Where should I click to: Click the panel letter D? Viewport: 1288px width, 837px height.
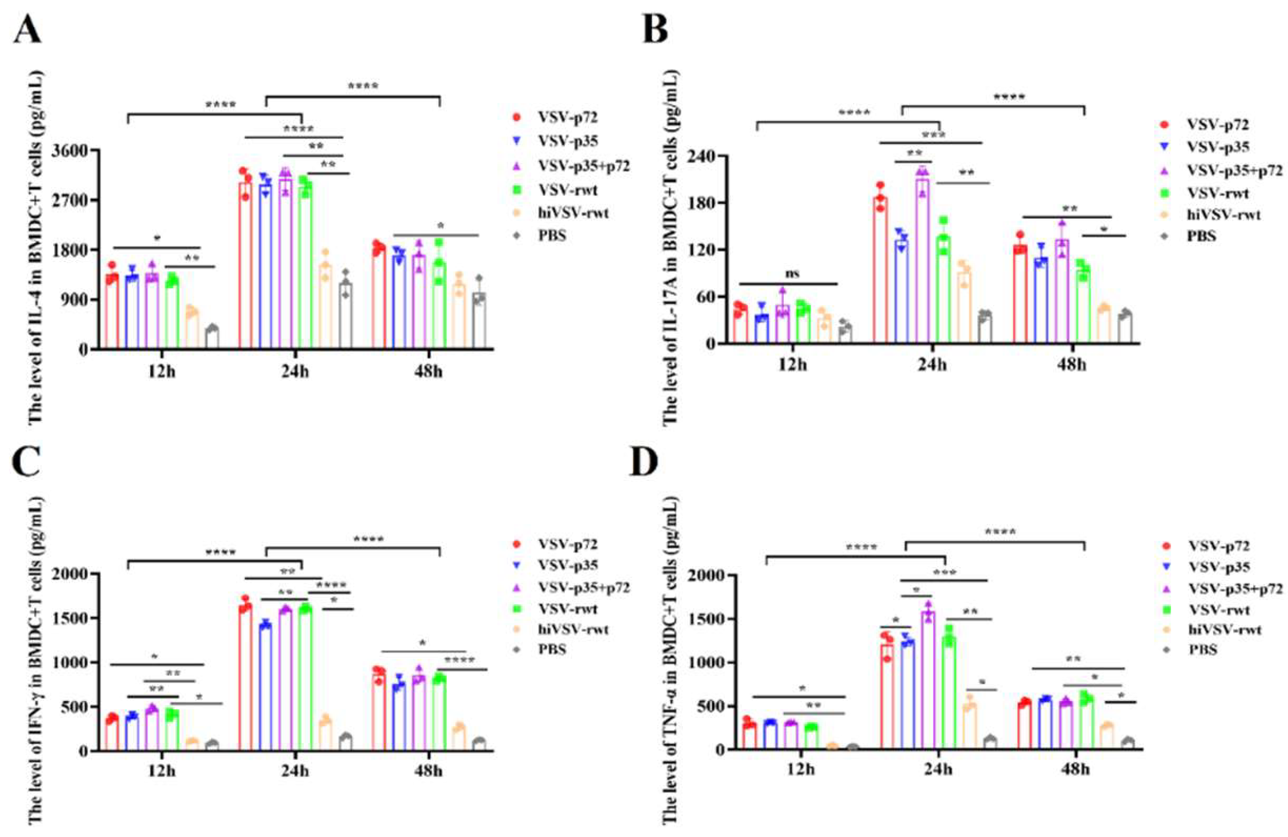pos(644,461)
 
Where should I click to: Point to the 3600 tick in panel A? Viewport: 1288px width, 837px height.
pos(69,151)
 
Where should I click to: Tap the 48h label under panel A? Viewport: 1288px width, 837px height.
pos(428,372)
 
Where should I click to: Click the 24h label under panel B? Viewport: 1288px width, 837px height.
pos(932,365)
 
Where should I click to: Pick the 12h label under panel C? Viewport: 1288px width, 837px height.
pos(162,771)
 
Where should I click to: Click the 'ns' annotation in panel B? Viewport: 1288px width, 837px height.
pos(791,274)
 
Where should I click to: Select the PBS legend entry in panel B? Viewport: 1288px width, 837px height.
pos(1201,236)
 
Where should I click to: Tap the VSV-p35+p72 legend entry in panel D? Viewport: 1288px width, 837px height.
pos(1235,588)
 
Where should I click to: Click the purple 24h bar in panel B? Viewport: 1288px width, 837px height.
pos(922,260)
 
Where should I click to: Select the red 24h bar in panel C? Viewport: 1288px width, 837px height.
pos(245,677)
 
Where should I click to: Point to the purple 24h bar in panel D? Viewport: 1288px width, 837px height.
pos(928,680)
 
